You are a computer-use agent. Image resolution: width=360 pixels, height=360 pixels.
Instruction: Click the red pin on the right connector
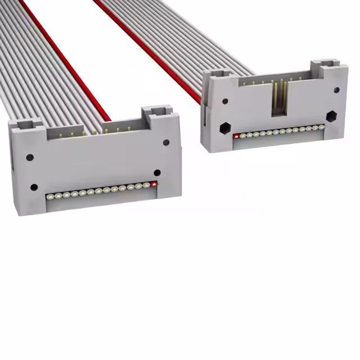point(236,136)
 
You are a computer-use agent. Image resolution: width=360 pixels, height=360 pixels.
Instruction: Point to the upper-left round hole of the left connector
point(29,157)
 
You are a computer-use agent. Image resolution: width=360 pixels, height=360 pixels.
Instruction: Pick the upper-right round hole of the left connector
point(166,142)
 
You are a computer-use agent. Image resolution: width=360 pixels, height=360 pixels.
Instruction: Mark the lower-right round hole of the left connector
point(157,173)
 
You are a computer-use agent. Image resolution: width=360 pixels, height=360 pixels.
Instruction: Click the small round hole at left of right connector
point(225,102)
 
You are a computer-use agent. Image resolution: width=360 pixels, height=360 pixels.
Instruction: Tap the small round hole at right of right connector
point(336,90)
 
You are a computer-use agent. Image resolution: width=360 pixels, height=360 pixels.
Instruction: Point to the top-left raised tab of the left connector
point(26,124)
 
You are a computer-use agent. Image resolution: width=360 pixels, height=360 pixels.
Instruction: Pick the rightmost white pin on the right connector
point(322,127)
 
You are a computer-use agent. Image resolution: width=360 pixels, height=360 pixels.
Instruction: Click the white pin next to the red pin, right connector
point(242,135)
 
